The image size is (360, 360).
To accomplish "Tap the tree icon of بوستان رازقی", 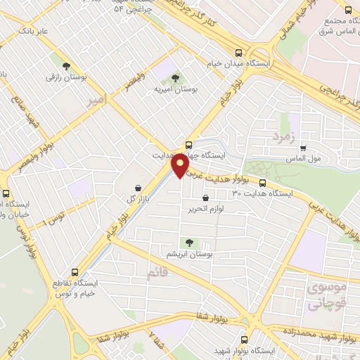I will pos(67,65).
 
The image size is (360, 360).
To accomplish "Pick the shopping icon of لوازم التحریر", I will pos(205,198).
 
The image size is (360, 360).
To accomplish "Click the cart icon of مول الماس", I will pos(303,148).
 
